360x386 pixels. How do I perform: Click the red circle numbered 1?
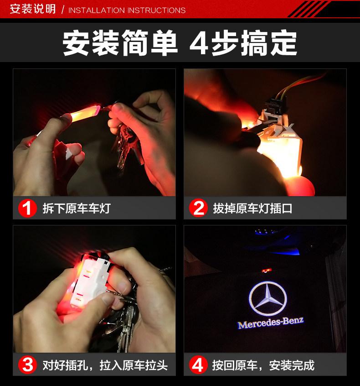[27, 208]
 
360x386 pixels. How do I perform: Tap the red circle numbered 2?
[198, 208]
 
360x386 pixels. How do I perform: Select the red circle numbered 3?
[27, 365]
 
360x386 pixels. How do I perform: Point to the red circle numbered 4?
[198, 365]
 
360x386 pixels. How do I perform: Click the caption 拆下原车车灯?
[77, 208]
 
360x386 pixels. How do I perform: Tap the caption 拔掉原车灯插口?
[252, 208]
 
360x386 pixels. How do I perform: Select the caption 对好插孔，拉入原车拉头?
[105, 365]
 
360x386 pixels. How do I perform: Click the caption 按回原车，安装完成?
[263, 365]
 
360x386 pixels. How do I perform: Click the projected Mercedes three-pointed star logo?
[268, 298]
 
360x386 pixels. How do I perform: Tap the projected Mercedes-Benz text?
[271, 323]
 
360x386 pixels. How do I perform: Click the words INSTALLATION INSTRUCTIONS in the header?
[127, 10]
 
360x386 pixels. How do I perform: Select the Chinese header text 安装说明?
[33, 9]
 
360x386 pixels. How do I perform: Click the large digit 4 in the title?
[199, 43]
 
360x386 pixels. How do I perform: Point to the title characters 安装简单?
[120, 43]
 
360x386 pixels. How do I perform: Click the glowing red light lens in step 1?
[85, 113]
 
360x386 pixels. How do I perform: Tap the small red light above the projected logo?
[266, 271]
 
